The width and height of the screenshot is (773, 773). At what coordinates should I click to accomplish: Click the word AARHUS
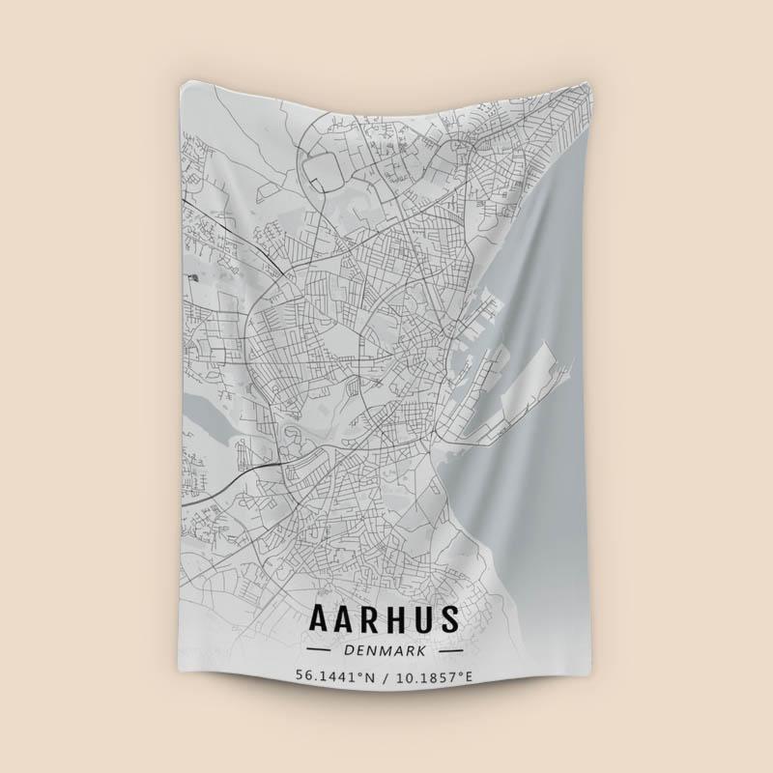click(x=385, y=618)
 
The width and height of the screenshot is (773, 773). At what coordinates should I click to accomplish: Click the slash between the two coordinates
click(x=385, y=676)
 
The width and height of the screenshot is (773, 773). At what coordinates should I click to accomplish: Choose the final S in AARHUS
click(x=449, y=618)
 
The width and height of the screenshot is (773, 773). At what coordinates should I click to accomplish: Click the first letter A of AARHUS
click(x=319, y=618)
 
